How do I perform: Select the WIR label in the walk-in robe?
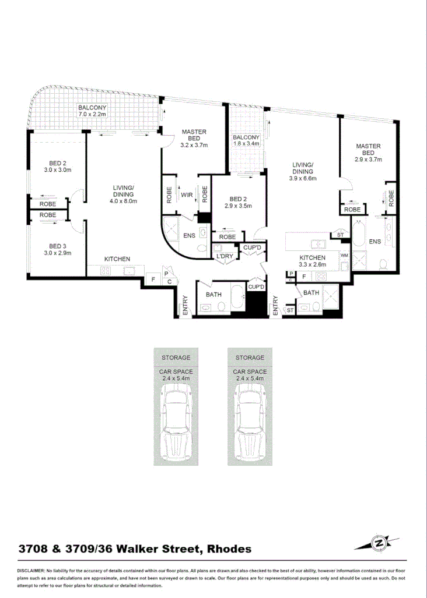click(187, 194)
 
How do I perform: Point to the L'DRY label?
click(225, 256)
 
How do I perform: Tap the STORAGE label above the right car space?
click(250, 358)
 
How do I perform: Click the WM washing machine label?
click(344, 255)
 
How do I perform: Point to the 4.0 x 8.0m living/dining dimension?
click(124, 201)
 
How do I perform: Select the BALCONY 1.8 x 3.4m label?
click(246, 140)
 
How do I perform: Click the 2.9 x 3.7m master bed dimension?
click(368, 159)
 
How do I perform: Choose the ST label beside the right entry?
click(290, 312)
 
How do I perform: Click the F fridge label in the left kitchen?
click(153, 279)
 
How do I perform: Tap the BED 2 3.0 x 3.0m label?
click(57, 167)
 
